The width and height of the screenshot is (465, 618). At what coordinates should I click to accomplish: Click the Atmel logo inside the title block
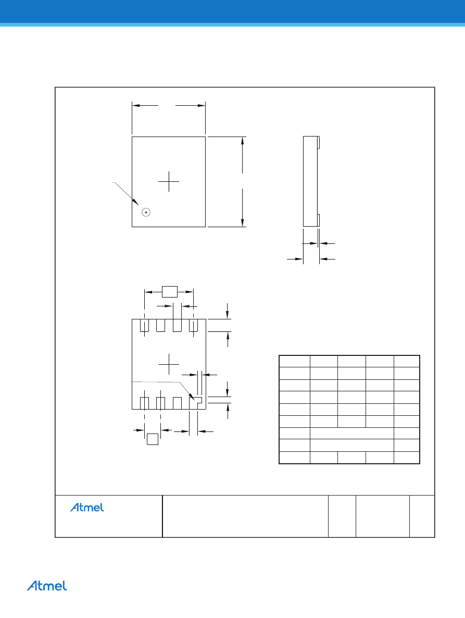87,507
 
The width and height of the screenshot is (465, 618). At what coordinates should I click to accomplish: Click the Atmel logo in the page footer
47,586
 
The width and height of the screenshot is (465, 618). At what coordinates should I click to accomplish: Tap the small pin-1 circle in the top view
146,213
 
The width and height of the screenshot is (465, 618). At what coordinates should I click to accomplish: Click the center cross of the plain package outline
169,182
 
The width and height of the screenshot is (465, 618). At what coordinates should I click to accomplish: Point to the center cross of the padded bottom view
169,364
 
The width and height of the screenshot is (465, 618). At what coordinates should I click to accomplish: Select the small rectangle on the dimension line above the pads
170,292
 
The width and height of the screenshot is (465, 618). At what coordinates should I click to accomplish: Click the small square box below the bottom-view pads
153,439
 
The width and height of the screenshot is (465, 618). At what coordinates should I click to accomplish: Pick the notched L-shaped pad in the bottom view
195,403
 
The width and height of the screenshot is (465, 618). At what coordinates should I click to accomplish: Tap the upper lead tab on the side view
319,143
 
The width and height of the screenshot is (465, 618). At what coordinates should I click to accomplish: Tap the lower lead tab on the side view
319,220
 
